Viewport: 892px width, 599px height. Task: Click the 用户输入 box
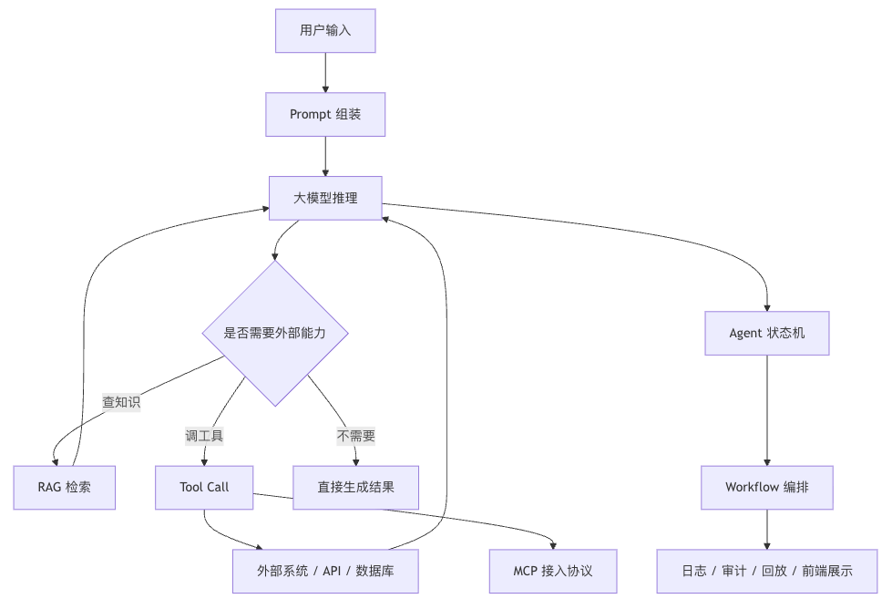(325, 31)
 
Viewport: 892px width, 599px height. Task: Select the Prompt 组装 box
(325, 115)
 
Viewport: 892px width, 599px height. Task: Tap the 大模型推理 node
(325, 198)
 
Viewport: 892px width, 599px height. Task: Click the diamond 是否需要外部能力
(275, 333)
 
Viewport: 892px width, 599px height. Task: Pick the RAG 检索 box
(65, 488)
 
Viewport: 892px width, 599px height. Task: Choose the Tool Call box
(204, 488)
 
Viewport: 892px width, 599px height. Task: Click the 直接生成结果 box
(356, 488)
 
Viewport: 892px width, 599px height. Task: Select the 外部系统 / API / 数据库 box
(325, 571)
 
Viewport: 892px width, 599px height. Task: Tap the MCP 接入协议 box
(553, 571)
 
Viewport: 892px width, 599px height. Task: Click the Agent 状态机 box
(767, 333)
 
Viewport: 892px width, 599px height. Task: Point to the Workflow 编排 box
(767, 488)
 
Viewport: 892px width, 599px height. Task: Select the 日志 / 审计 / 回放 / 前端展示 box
(767, 571)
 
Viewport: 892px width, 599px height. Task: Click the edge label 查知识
(121, 402)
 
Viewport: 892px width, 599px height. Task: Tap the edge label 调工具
(204, 436)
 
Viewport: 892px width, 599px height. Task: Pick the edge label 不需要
(356, 436)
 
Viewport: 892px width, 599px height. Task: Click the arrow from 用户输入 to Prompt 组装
(325, 73)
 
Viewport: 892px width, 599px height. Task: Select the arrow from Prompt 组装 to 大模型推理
(325, 157)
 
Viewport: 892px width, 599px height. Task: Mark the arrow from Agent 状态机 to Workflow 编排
(767, 410)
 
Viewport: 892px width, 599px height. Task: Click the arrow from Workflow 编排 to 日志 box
(767, 530)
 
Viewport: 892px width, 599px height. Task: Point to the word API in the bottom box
(332, 571)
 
